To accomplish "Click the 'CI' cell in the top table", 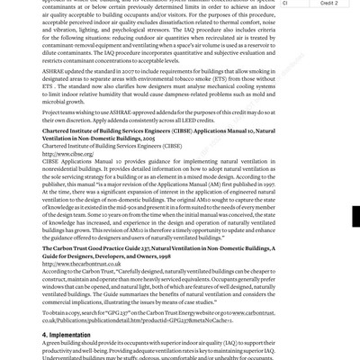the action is pos(285,3).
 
